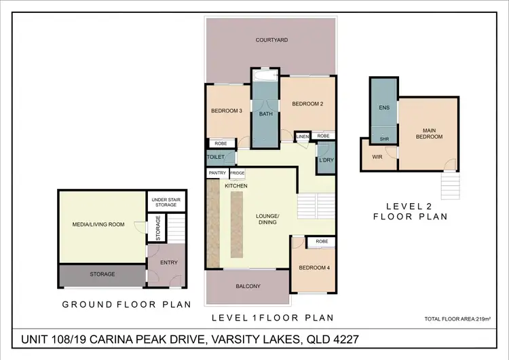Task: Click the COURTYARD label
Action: [x=271, y=40]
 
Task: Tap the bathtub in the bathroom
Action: [x=265, y=76]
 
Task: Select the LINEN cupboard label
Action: [x=303, y=137]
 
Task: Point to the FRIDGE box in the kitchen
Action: [x=238, y=173]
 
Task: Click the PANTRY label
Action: [x=217, y=173]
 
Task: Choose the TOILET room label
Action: [x=216, y=157]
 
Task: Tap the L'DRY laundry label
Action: [x=326, y=160]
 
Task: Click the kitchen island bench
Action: [x=237, y=225]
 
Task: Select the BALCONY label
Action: [x=248, y=286]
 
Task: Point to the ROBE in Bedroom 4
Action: [x=322, y=241]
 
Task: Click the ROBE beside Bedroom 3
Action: [x=221, y=143]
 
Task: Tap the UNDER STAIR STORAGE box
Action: [x=166, y=202]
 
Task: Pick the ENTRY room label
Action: [x=169, y=262]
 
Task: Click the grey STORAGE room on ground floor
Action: [x=102, y=276]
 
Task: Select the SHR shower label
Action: [x=384, y=139]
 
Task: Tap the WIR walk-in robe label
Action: [x=377, y=157]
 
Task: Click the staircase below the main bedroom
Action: [x=450, y=186]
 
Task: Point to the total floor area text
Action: [x=457, y=319]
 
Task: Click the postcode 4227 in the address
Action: [x=345, y=339]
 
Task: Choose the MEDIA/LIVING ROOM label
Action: [x=98, y=224]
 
